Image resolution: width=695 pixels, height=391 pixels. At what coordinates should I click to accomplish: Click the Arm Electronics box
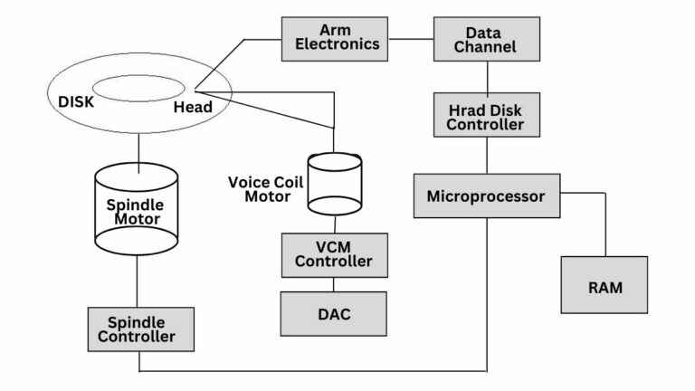point(334,38)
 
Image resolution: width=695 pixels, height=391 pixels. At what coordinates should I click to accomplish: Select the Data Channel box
point(487,38)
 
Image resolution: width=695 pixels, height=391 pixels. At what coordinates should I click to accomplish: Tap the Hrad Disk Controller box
point(485,117)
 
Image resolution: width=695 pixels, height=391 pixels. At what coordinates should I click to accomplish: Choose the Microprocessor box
point(486,195)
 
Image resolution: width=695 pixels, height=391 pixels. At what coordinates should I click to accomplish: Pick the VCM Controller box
point(334,254)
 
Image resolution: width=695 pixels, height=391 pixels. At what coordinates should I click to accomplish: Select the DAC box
point(334,313)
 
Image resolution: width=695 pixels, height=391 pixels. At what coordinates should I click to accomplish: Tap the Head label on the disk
point(193,107)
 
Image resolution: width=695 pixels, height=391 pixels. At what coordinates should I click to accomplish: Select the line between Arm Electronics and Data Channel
point(411,39)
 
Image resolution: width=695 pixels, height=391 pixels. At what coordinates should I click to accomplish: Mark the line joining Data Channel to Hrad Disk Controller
point(487,76)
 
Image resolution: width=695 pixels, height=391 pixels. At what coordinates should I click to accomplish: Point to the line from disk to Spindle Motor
point(137,149)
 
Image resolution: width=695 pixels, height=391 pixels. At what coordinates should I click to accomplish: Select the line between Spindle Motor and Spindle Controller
point(137,280)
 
